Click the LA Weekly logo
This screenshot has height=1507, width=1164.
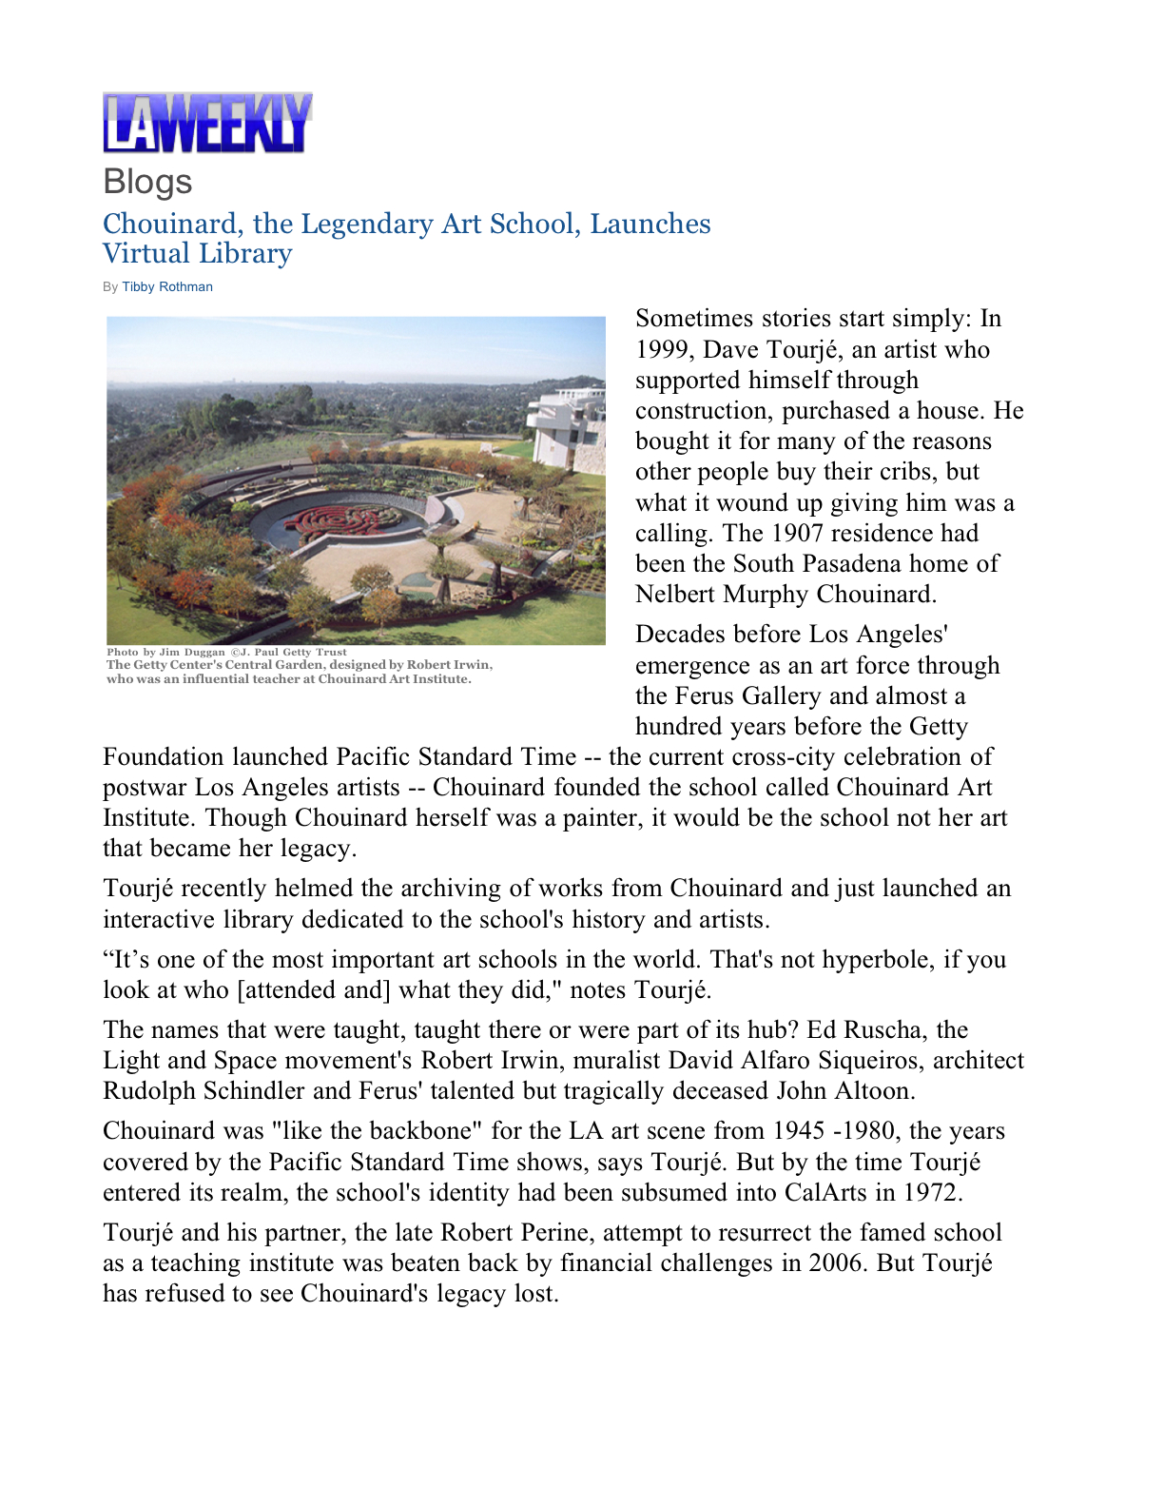tap(207, 123)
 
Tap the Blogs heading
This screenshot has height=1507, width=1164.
tap(147, 182)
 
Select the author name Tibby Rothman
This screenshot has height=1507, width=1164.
tap(167, 286)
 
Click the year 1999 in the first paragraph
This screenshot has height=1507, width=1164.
tap(665, 350)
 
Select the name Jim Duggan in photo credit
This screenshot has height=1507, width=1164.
tap(192, 653)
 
